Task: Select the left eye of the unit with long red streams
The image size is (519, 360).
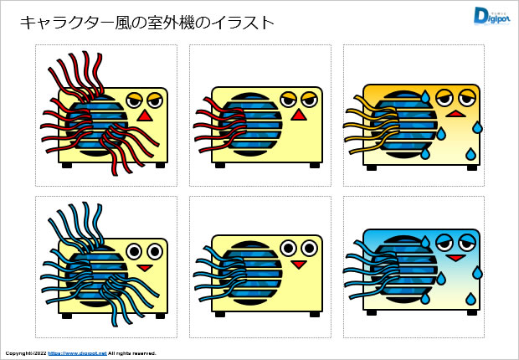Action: (x=134, y=100)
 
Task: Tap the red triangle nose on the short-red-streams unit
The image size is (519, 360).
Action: (x=298, y=118)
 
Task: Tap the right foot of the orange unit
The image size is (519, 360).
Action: (x=470, y=164)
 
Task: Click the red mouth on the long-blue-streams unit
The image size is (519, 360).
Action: (x=144, y=268)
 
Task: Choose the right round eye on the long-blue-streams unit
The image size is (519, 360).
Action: (x=154, y=250)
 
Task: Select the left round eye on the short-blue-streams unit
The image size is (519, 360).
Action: (x=289, y=248)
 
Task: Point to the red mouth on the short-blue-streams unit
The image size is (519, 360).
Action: (x=298, y=265)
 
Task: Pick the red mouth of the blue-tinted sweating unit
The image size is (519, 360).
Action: (x=455, y=260)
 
